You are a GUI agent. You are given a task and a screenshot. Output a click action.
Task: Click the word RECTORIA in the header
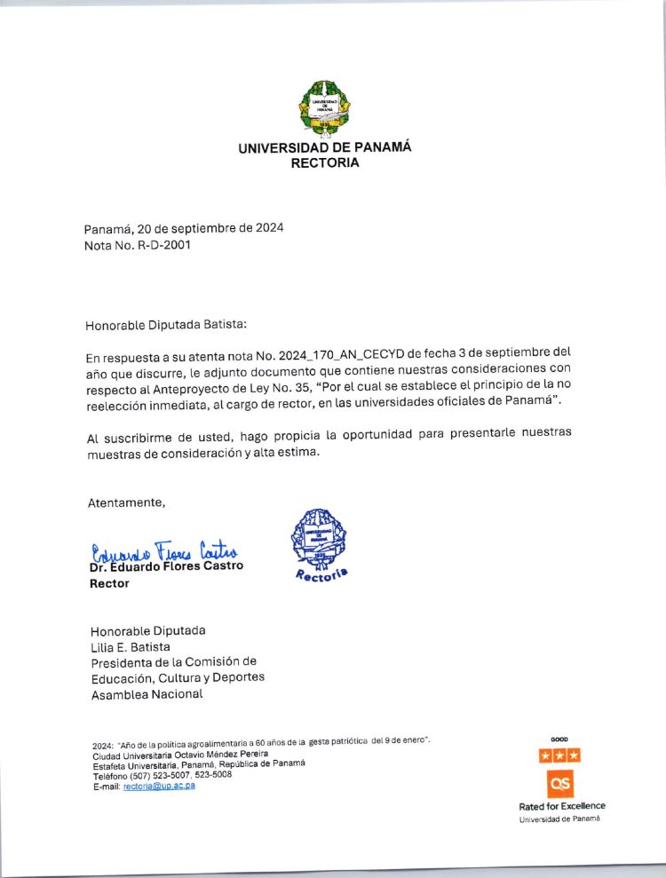point(325,163)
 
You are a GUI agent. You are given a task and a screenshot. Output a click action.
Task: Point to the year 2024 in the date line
point(270,228)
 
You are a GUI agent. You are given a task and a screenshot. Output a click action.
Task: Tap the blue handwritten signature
point(164,551)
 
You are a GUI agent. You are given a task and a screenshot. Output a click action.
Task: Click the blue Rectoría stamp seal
point(320,544)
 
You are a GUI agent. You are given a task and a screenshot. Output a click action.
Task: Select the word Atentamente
point(126,502)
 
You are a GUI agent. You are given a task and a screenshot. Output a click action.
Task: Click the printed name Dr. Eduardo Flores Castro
point(166,566)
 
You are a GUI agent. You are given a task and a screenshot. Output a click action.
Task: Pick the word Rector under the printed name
point(109,583)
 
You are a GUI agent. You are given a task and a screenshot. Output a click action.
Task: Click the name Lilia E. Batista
point(131,646)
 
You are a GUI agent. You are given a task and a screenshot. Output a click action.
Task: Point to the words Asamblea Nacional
point(147,694)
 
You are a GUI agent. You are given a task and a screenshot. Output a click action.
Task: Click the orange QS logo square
point(560,783)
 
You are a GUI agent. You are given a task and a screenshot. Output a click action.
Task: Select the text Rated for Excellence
point(562,806)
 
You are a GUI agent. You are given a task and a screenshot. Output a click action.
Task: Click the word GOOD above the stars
point(559,739)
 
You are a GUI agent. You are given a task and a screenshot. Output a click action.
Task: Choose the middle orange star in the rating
point(560,755)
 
